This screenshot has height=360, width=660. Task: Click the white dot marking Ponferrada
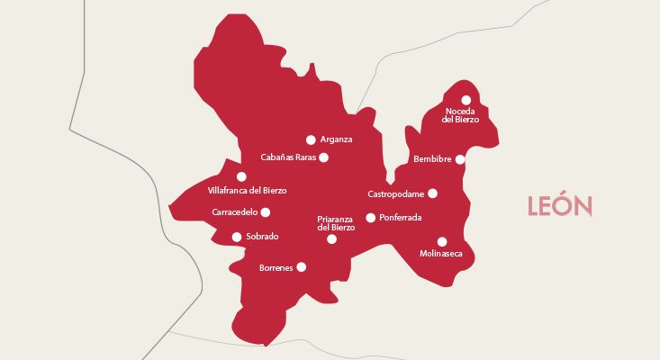(x=370, y=218)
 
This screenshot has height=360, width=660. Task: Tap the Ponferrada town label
(x=401, y=218)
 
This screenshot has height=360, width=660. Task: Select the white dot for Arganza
(x=311, y=139)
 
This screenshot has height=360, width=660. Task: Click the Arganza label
(x=336, y=139)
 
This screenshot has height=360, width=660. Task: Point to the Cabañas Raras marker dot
(x=324, y=157)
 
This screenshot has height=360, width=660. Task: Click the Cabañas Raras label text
(x=288, y=157)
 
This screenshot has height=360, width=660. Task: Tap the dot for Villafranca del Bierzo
(x=241, y=176)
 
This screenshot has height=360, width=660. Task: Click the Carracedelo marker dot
(x=265, y=212)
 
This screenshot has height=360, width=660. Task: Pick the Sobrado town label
(x=262, y=237)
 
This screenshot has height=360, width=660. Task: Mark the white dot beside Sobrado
(x=237, y=238)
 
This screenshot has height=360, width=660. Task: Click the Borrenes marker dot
(x=301, y=266)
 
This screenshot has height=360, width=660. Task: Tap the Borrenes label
(x=276, y=268)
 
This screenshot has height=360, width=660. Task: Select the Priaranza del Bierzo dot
(x=331, y=239)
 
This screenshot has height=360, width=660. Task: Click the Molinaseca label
(x=441, y=254)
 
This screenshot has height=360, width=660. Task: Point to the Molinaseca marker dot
(x=441, y=241)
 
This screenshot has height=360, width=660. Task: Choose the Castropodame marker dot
(x=432, y=193)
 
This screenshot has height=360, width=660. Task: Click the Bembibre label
(x=432, y=159)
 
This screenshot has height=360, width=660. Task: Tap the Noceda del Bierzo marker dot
(x=466, y=100)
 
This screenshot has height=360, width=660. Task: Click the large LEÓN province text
(x=560, y=207)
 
